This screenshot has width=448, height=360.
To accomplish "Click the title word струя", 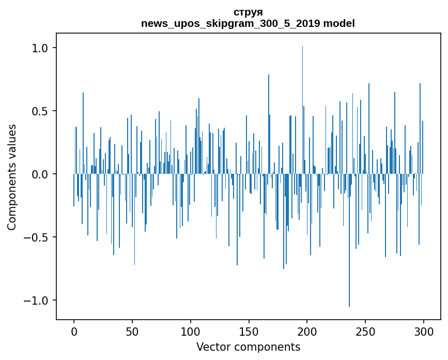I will point(248,12).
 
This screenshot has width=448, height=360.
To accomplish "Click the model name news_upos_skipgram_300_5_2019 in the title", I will point(229,24).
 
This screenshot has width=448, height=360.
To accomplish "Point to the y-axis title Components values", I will point(12,177).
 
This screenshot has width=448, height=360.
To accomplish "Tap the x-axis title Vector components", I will point(248,347).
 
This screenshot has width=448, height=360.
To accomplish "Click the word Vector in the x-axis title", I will point(212,347).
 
